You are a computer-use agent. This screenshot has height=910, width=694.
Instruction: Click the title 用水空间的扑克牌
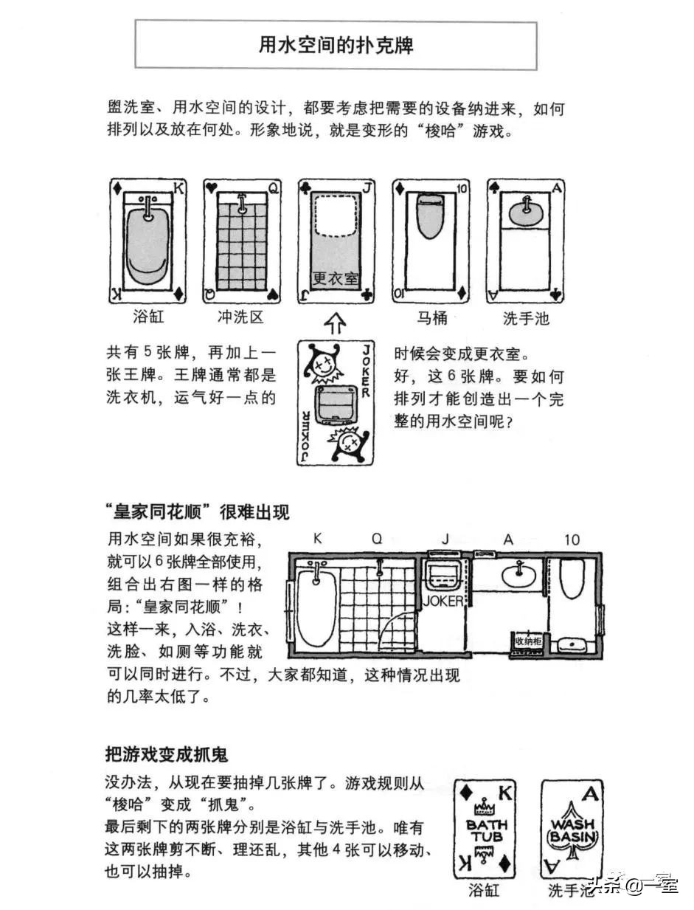pyautogui.click(x=336, y=45)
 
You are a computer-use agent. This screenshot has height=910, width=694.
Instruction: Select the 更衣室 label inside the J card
pyautogui.click(x=335, y=278)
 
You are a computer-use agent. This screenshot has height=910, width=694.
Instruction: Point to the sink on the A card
pyautogui.click(x=524, y=210)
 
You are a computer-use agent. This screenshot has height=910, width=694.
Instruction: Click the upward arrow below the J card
pyautogui.click(x=336, y=322)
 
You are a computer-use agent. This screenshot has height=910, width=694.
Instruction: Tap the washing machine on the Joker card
pyautogui.click(x=336, y=402)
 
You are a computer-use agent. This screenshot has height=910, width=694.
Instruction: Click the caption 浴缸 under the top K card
pyautogui.click(x=148, y=317)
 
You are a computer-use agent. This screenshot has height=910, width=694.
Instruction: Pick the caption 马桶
pyautogui.click(x=431, y=317)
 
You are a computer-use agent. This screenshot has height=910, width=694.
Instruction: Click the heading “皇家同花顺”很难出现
pyautogui.click(x=197, y=511)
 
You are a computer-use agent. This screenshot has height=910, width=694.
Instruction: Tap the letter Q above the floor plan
pyautogui.click(x=377, y=540)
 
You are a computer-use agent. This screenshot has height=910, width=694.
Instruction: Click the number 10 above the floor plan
pyautogui.click(x=572, y=540)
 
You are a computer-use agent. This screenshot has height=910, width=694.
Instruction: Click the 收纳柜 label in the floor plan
pyautogui.click(x=528, y=641)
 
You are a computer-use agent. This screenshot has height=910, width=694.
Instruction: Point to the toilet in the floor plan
pyautogui.click(x=572, y=579)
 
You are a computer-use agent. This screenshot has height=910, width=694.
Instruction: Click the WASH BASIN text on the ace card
pyautogui.click(x=572, y=830)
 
